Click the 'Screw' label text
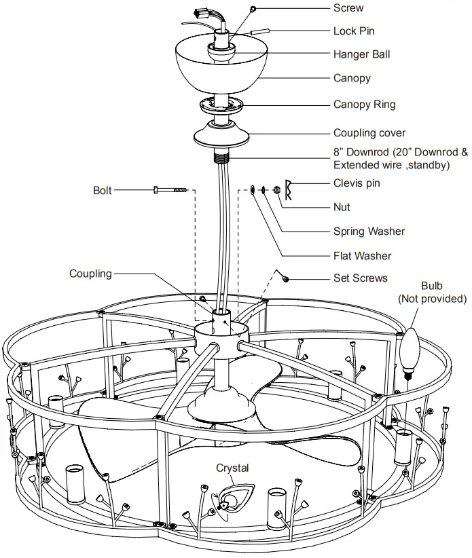click(348, 8)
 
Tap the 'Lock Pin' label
click(353, 31)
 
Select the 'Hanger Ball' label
click(361, 54)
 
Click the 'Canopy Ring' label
click(364, 105)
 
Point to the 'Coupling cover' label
click(369, 133)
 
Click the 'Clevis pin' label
click(357, 183)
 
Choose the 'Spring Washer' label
click(369, 231)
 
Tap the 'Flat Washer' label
click(362, 256)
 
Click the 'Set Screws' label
click(361, 278)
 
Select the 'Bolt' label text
click(103, 190)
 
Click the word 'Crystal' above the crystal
click(232, 468)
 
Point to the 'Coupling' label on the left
click(90, 274)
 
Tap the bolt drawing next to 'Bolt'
click(170, 190)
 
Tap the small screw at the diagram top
click(252, 9)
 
